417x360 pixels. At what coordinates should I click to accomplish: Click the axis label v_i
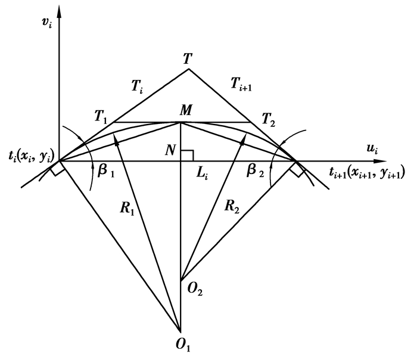point(47,23)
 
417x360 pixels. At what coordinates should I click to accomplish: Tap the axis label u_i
point(372,149)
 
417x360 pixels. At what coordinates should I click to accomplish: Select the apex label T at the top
point(188,59)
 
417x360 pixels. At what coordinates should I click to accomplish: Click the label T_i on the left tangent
point(137,86)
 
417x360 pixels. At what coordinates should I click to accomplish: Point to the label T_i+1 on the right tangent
point(241,85)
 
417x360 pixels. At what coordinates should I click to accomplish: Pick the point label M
point(186,110)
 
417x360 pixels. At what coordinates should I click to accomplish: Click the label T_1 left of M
point(101,117)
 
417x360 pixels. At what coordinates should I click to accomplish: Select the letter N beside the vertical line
point(170,151)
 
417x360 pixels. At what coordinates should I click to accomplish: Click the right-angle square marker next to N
point(187,156)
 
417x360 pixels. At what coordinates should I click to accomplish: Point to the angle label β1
point(106,171)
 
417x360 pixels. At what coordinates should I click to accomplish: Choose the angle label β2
point(256,171)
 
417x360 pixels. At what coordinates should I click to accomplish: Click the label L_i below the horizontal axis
point(202,175)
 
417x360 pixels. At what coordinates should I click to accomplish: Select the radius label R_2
point(232,206)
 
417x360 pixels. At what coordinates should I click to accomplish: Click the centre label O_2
point(195,288)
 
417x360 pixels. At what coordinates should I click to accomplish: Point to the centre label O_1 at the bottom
point(183,346)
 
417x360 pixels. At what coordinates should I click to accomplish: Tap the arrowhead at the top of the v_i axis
point(58,11)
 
